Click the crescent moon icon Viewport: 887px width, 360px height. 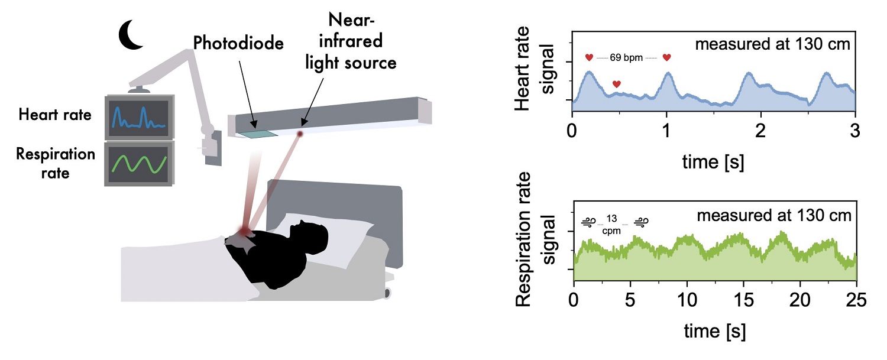click(132, 35)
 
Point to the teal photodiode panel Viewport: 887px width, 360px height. click(258, 134)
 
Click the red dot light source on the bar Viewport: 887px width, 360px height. click(300, 134)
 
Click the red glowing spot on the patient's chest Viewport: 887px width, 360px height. click(244, 229)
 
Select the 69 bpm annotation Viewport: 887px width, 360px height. click(627, 58)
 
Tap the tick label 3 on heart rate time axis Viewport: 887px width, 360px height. click(856, 129)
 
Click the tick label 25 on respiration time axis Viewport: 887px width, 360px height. click(855, 300)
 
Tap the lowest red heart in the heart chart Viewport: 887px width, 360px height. click(617, 85)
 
